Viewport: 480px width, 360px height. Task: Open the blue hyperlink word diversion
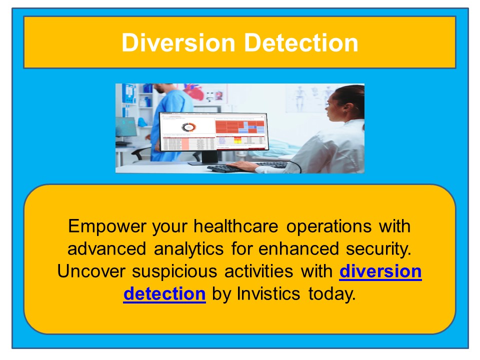click(x=380, y=271)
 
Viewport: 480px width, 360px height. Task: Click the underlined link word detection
click(x=164, y=294)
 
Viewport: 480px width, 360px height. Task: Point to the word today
click(x=332, y=294)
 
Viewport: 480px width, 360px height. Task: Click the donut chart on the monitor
click(x=188, y=127)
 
